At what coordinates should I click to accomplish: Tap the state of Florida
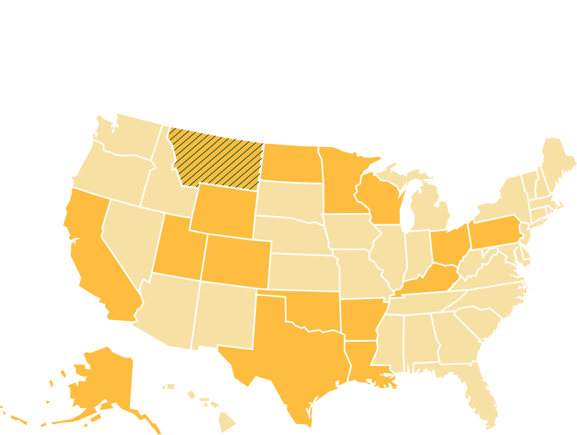point(481,391)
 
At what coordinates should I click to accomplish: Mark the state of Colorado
point(237,261)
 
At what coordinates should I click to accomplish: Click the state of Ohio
point(447,244)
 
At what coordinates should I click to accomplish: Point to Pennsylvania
point(493,232)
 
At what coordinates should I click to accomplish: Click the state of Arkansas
point(361,318)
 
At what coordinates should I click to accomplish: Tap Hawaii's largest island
point(227,420)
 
